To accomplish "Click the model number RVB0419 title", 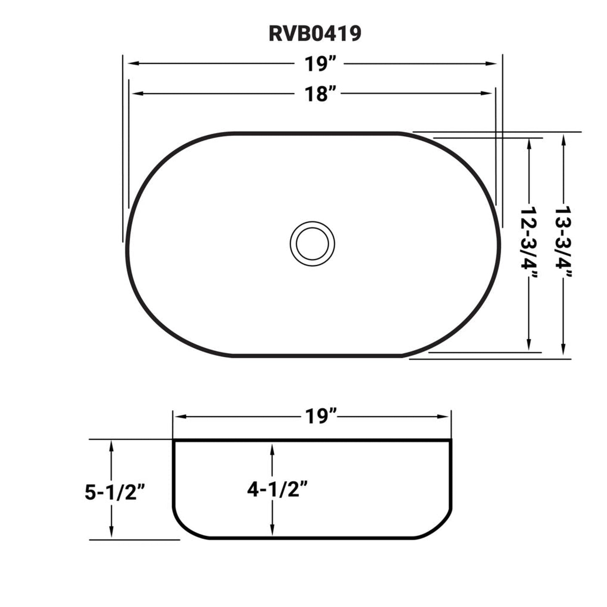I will tap(315, 34).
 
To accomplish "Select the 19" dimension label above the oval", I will tap(321, 64).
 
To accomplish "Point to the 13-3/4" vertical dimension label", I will tap(563, 242).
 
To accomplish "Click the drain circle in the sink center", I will tap(312, 244).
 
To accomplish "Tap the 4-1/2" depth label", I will tap(278, 489).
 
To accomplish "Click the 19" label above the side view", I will tap(321, 416).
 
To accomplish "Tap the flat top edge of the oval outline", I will tap(315, 133).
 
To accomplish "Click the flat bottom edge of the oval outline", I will tap(315, 356).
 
